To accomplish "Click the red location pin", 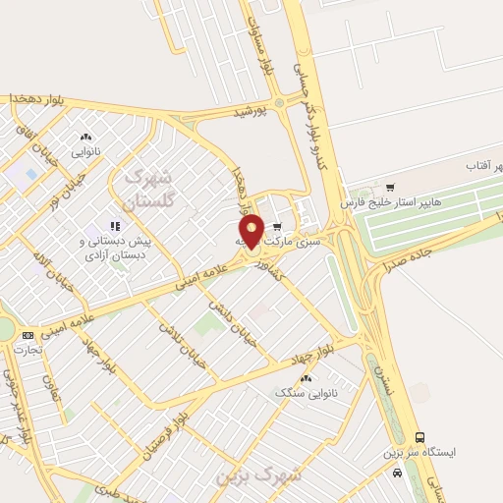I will click(x=251, y=230).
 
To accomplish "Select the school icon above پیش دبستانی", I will click(x=115, y=226).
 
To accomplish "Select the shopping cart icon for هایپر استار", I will click(x=390, y=187).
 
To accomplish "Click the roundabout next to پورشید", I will click(x=279, y=102).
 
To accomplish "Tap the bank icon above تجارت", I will click(x=27, y=335).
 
